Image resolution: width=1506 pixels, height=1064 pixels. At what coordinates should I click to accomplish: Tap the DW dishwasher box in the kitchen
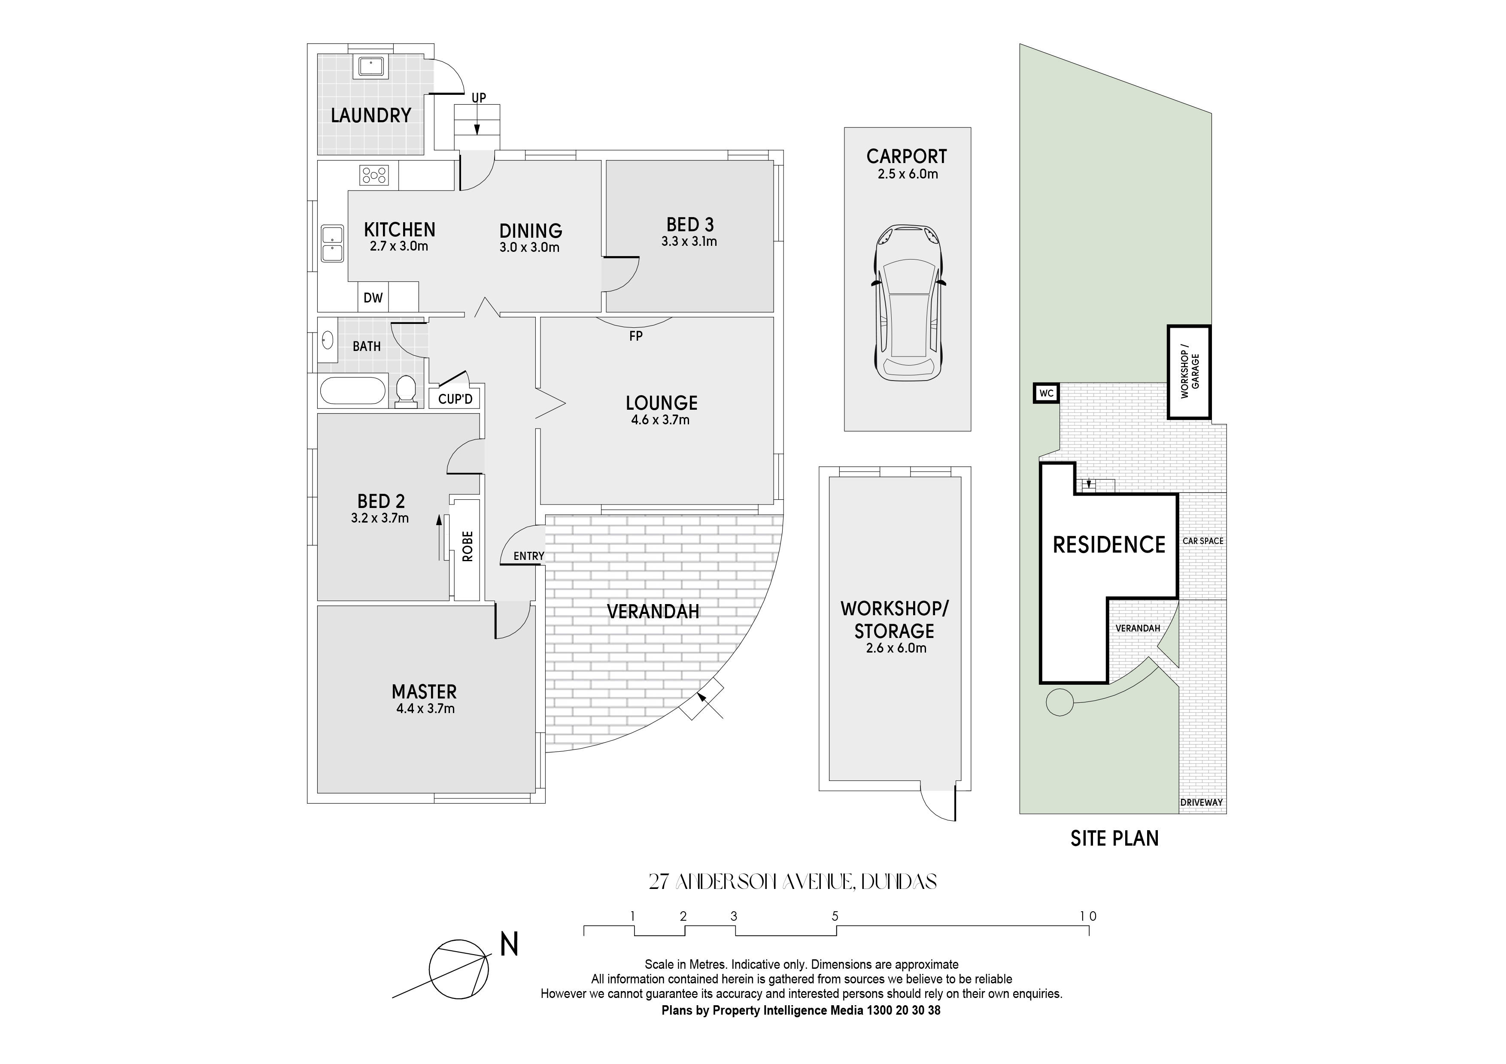click(x=373, y=297)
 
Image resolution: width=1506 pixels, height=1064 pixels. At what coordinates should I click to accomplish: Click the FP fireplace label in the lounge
click(x=636, y=336)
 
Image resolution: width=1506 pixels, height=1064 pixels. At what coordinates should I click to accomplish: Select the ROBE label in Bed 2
click(x=468, y=546)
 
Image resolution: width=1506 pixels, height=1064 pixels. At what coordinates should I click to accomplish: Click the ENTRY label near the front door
click(x=528, y=556)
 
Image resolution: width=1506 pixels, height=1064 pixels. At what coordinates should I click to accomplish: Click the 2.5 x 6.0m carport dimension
click(x=908, y=174)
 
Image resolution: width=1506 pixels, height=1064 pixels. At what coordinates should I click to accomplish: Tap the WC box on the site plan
click(x=1046, y=393)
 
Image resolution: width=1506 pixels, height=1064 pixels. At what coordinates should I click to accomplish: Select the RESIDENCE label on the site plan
click(x=1109, y=545)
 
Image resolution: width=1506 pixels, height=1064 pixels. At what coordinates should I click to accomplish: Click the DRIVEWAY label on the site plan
click(x=1202, y=802)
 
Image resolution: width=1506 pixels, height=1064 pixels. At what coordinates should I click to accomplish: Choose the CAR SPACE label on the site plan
click(x=1203, y=541)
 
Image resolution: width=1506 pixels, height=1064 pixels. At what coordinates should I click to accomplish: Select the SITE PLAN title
click(x=1114, y=838)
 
